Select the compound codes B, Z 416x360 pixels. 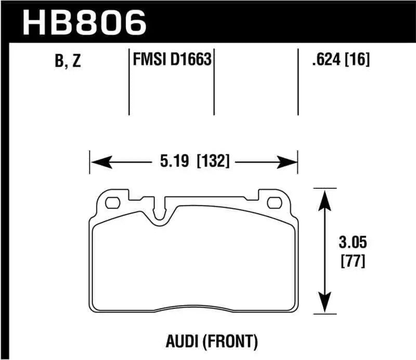click(x=68, y=61)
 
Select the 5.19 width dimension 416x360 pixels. click(x=176, y=161)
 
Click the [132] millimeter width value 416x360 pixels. click(x=213, y=161)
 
